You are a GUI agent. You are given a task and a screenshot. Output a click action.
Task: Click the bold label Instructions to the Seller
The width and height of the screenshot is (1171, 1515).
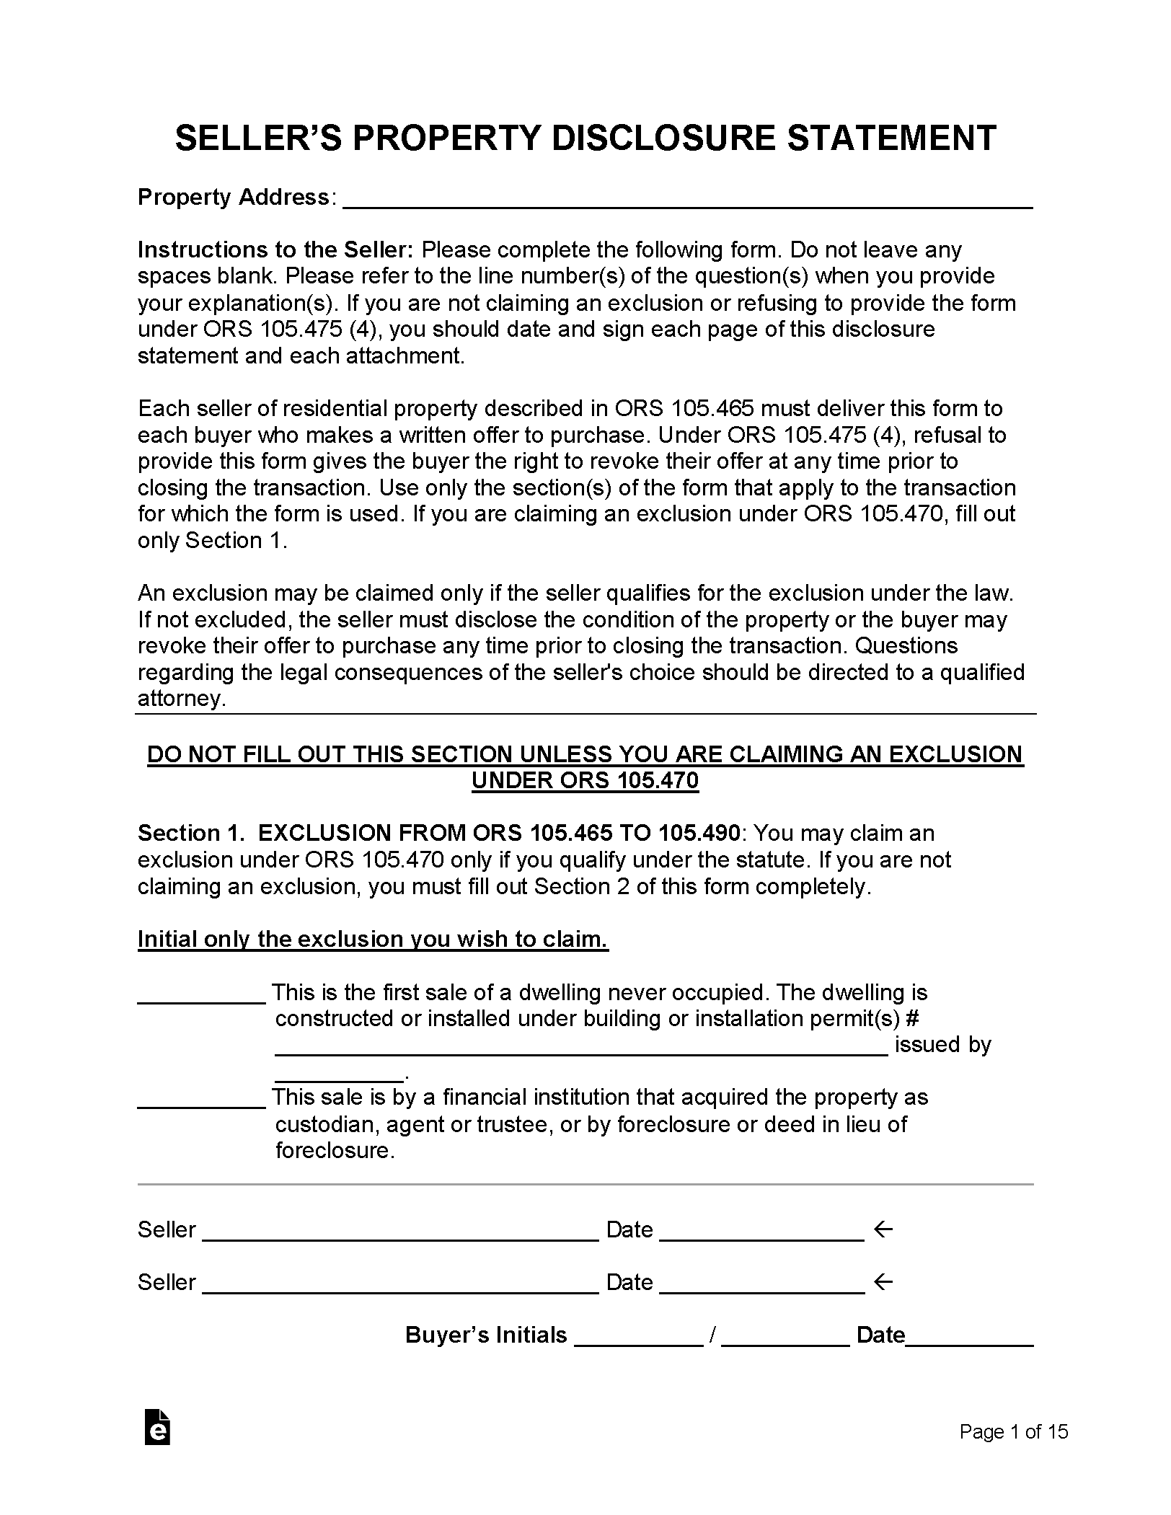[x=275, y=250]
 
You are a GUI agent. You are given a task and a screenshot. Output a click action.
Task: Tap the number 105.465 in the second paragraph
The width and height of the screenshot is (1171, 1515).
[x=712, y=409]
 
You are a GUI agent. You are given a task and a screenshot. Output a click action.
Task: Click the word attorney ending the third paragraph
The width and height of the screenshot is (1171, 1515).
[x=181, y=699]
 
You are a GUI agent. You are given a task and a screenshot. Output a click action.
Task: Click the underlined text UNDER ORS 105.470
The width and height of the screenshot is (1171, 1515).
[x=585, y=781]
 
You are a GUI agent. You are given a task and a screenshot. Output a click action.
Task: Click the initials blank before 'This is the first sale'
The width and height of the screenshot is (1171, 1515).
[x=202, y=997]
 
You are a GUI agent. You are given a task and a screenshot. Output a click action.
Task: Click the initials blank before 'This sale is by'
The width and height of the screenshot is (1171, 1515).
[x=202, y=1101]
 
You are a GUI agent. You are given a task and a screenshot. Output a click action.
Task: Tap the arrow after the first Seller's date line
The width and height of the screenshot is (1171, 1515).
[x=883, y=1229]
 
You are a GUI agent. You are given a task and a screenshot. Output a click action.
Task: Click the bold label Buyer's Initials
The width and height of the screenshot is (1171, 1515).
[x=486, y=1335]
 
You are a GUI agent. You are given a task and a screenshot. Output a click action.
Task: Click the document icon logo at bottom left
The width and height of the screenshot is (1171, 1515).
[x=157, y=1427]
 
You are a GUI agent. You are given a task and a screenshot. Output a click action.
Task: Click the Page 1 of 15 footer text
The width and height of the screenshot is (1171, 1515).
[x=1013, y=1432]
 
